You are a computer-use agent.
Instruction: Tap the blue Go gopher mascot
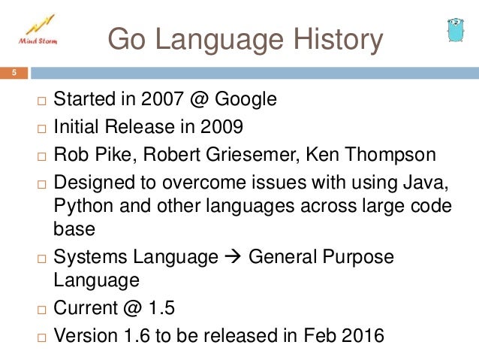(x=453, y=29)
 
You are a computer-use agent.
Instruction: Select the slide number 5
(x=13, y=74)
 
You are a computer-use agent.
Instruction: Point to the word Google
(x=249, y=99)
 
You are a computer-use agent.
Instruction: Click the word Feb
(x=314, y=336)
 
